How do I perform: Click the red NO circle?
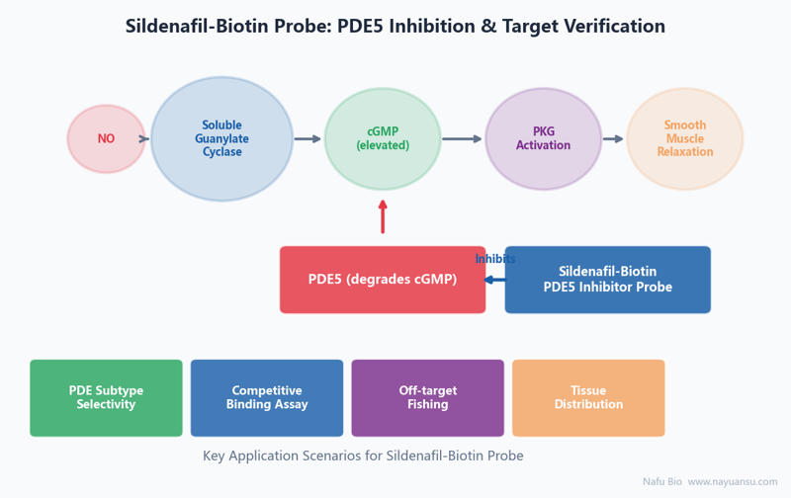click(x=106, y=138)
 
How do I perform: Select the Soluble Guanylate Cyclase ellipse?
click(x=221, y=138)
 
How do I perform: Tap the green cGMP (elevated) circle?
click(x=383, y=138)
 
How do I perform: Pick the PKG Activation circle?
click(x=543, y=138)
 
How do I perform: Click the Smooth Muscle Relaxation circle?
click(x=684, y=138)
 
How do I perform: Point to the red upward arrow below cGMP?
click(x=383, y=216)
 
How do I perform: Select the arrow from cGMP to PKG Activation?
click(x=462, y=138)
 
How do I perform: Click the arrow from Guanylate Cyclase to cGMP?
click(x=308, y=138)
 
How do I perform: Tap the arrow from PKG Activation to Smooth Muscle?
click(x=613, y=138)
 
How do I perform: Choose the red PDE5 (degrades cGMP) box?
click(x=383, y=280)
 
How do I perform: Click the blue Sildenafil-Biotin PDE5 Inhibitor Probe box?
click(x=608, y=280)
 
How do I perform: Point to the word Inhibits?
click(x=495, y=259)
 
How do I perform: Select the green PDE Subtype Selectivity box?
click(x=106, y=397)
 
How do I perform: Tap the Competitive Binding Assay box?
click(x=267, y=397)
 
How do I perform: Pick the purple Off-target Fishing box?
click(x=428, y=397)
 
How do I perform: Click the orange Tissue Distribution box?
click(x=588, y=397)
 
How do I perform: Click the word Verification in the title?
click(x=615, y=26)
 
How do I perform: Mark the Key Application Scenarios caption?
click(x=363, y=456)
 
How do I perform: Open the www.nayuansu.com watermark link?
click(x=733, y=482)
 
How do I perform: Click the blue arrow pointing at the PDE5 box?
click(x=495, y=280)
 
